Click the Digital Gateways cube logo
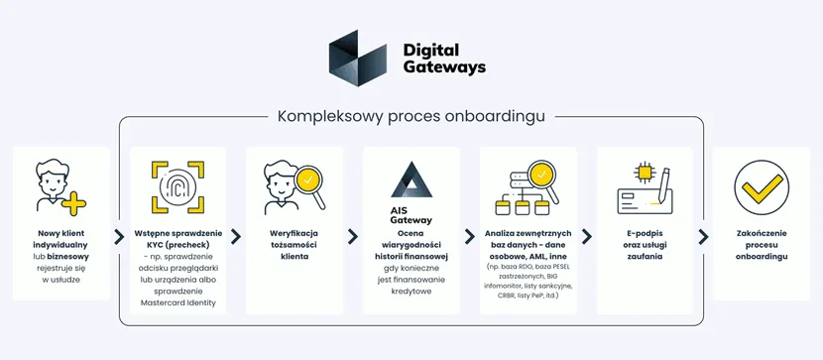coord(357,58)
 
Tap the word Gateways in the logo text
coord(444,67)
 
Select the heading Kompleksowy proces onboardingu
coord(411,117)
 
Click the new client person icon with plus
coord(59,186)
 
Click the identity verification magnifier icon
coord(294,185)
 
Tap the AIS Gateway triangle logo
coord(411,180)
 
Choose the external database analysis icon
coord(527,186)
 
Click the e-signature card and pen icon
coord(645,185)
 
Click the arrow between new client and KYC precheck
coord(120,237)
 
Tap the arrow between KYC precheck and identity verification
coord(236,237)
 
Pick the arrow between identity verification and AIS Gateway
coord(353,237)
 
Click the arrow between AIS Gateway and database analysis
coord(470,237)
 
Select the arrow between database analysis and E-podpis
coord(587,237)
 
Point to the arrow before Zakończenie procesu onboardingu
coord(703,237)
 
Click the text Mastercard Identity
coord(177,302)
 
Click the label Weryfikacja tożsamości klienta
coord(294,244)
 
